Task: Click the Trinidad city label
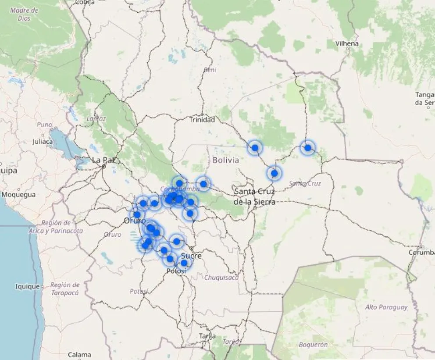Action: click(x=202, y=120)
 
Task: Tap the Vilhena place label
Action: click(x=347, y=43)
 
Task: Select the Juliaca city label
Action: click(x=43, y=142)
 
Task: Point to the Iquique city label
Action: click(x=27, y=287)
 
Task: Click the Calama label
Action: click(x=79, y=354)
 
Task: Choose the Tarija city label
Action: click(x=207, y=336)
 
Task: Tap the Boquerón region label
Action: click(x=313, y=345)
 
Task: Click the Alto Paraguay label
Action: click(x=386, y=307)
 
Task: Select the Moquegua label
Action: click(x=18, y=195)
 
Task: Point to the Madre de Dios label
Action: click(x=24, y=14)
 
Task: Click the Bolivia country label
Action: click(x=226, y=160)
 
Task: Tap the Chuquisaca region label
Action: click(x=221, y=277)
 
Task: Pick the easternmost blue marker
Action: click(x=308, y=148)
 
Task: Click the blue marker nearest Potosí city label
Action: click(x=184, y=263)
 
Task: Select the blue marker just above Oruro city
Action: click(x=137, y=215)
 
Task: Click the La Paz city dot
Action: click(x=103, y=167)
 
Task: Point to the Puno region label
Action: click(x=44, y=125)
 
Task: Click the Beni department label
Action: click(x=210, y=70)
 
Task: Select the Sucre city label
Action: click(x=191, y=256)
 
